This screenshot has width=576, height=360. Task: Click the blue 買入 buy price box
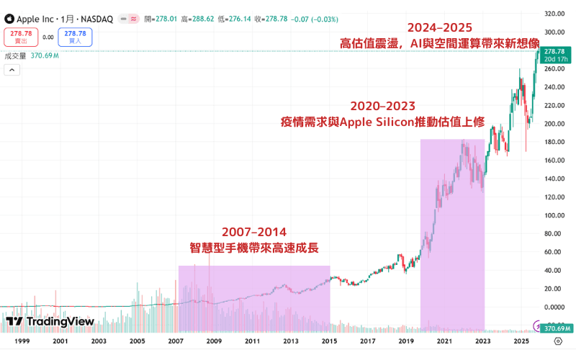[x=75, y=37]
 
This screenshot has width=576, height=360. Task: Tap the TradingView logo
[x=50, y=321]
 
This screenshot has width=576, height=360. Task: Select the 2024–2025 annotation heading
[x=439, y=27]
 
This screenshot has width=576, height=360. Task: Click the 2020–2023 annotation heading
[x=382, y=105]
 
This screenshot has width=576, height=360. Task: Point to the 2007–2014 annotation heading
[x=253, y=232]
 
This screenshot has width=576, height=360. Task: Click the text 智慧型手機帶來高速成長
[x=253, y=248]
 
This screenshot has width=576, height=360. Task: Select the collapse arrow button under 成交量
[x=12, y=70]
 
